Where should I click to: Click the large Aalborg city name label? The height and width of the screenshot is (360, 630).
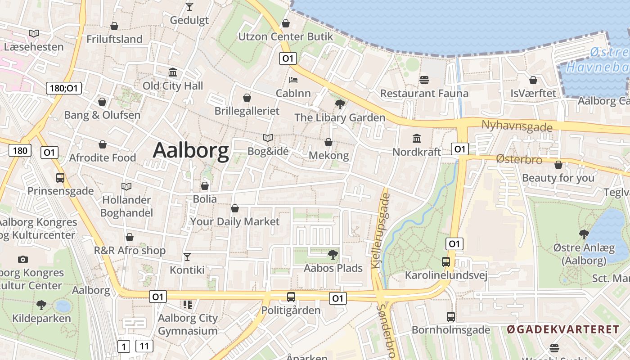click(191, 151)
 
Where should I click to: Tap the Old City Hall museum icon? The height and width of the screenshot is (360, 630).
click(173, 72)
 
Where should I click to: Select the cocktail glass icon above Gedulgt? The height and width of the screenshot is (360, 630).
click(189, 7)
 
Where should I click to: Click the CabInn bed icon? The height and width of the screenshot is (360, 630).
click(293, 80)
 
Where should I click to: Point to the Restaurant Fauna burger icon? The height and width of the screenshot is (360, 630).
click(424, 80)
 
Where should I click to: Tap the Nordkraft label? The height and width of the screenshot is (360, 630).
click(417, 152)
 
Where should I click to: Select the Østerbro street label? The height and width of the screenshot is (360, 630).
click(519, 159)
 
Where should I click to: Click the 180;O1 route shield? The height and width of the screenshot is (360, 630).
click(64, 88)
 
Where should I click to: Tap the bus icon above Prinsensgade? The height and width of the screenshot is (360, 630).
click(60, 178)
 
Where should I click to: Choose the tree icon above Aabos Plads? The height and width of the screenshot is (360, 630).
click(333, 255)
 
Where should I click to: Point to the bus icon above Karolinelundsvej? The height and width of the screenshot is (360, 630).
click(446, 262)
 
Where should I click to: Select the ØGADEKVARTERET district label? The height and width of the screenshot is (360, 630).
click(563, 330)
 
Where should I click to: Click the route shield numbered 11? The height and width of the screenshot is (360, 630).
click(144, 346)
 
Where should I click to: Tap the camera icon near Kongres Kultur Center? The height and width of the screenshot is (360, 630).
click(22, 259)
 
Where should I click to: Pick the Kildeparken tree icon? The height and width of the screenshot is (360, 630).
click(41, 305)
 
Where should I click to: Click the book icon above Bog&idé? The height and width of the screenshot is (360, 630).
click(268, 138)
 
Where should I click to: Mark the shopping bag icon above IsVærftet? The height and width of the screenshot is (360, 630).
click(533, 80)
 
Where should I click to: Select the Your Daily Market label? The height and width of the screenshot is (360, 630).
click(234, 221)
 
